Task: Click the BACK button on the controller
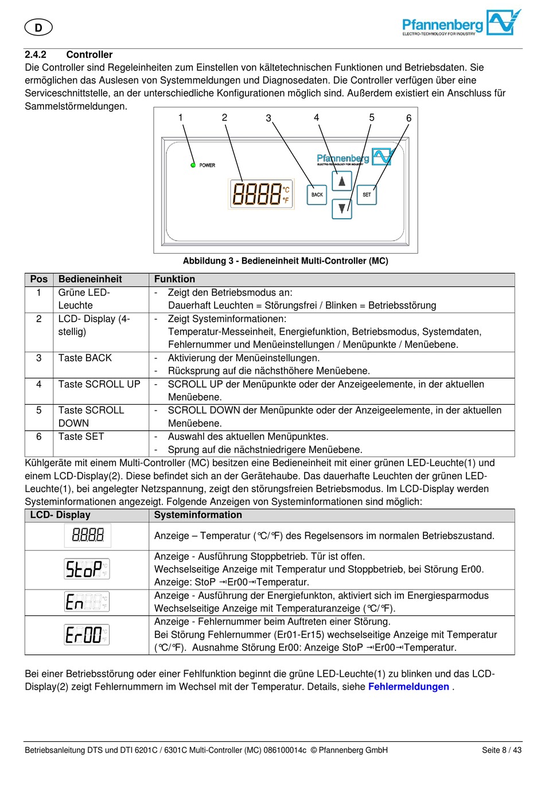pos(317,195)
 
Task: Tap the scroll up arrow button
pos(342,181)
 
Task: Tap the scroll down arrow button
pos(342,208)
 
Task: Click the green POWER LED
pos(193,165)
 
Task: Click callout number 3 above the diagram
pos(268,118)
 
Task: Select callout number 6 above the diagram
pos(408,118)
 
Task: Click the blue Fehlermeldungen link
pos(408,687)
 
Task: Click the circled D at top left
pos(38,27)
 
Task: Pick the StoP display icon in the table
pos(87,569)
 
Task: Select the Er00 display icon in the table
pos(87,635)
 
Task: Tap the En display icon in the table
pos(87,602)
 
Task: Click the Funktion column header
pos(174,279)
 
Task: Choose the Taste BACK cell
pos(85,358)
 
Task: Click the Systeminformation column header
pos(198,515)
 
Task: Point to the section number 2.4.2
pos(36,55)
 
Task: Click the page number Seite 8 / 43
pos(501,750)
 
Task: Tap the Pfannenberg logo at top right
pos(461,24)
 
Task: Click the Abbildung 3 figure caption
pos(285,261)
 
